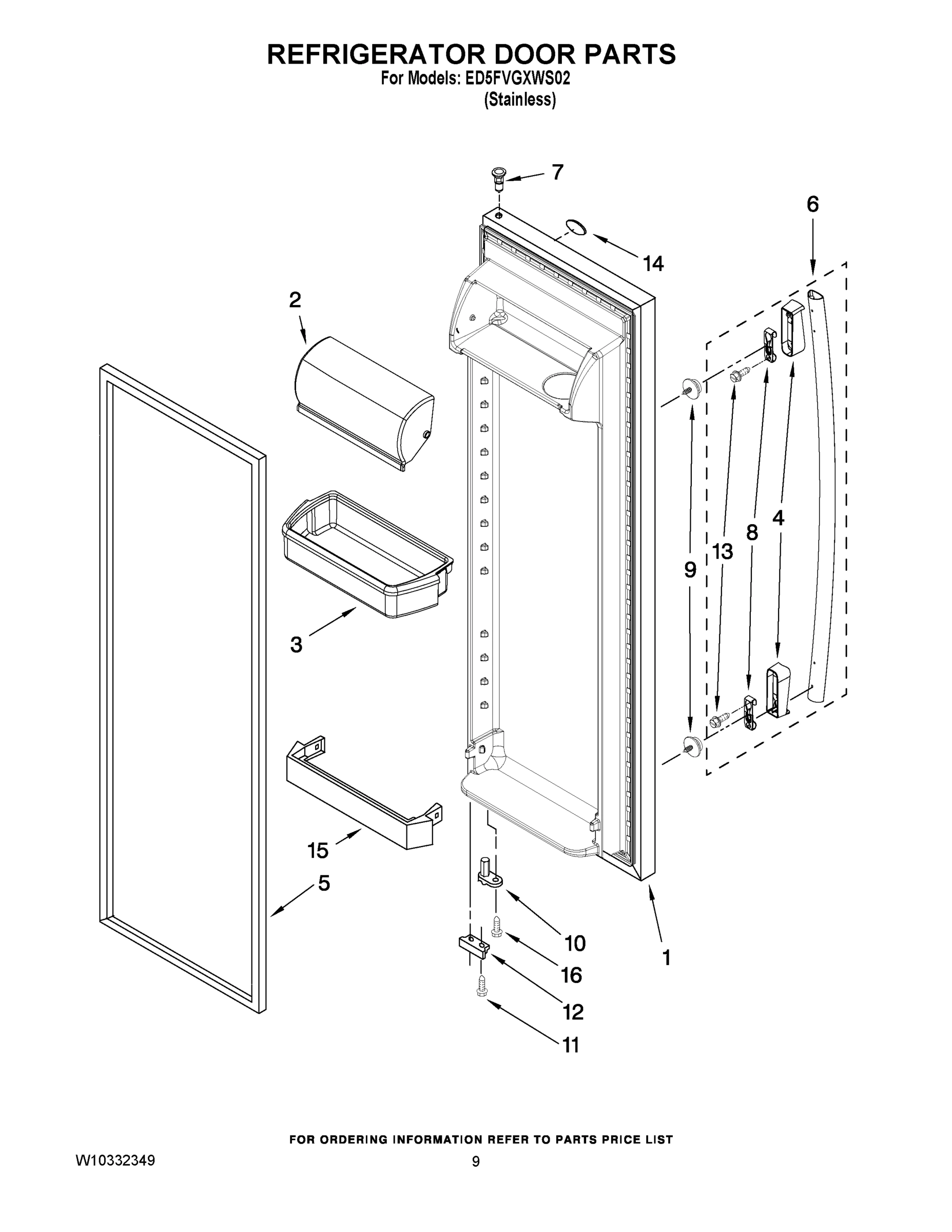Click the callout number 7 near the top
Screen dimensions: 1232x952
[x=557, y=172]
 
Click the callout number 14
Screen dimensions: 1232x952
[x=653, y=263]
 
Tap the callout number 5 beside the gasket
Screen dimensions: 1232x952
[x=323, y=883]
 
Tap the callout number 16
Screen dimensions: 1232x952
[x=571, y=975]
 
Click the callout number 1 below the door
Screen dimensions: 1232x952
[x=666, y=957]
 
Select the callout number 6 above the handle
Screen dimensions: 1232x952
[x=812, y=204]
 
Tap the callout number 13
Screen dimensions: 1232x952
[x=722, y=552]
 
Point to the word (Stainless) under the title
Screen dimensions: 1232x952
[x=520, y=100]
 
